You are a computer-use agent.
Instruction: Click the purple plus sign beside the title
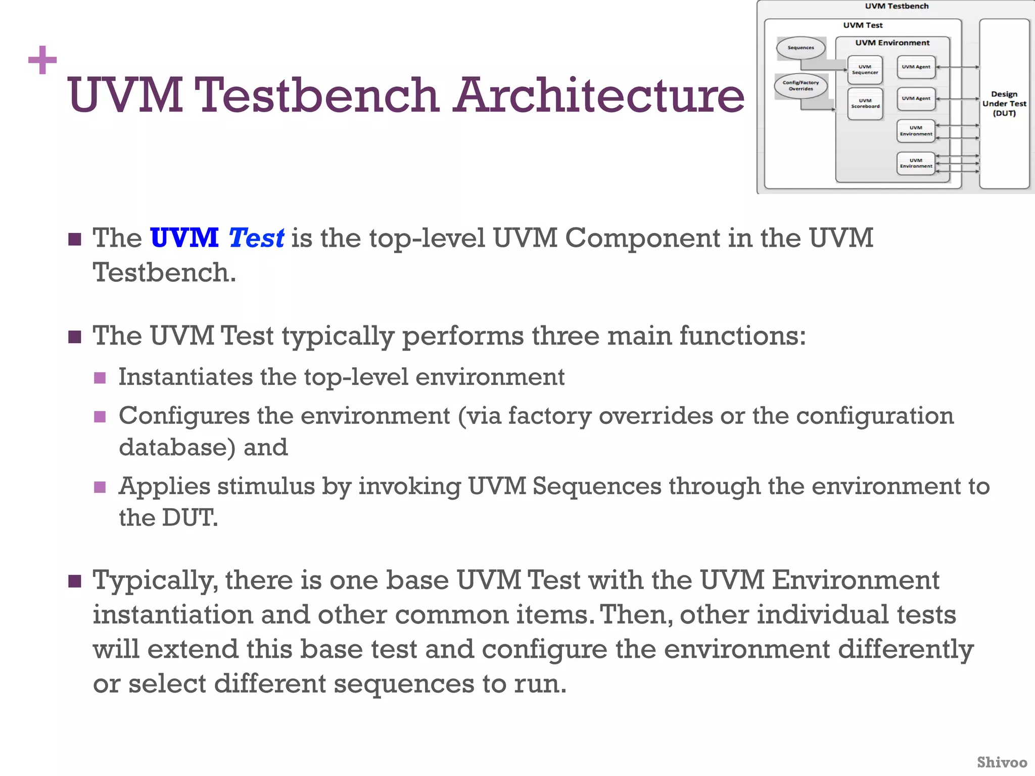click(x=42, y=60)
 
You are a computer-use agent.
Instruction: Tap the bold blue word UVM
click(x=184, y=237)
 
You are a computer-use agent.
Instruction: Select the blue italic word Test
click(x=256, y=238)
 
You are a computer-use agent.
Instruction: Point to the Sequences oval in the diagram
click(x=801, y=48)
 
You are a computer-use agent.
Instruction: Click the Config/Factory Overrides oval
click(x=801, y=85)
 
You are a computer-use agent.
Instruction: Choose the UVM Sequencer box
click(x=865, y=70)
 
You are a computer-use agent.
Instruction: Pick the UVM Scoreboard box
click(x=865, y=104)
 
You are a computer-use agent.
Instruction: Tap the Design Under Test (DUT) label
click(x=1004, y=104)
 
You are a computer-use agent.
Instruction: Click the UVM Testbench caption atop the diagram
click(x=897, y=6)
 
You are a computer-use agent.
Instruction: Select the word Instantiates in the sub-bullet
click(x=185, y=377)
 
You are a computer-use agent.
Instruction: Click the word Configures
click(x=184, y=416)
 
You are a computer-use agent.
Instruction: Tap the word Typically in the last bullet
click(x=155, y=580)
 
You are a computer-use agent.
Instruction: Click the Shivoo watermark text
click(x=1002, y=762)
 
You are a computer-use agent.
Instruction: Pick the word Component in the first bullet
click(x=643, y=238)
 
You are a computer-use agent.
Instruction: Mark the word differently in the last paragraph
click(x=906, y=650)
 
